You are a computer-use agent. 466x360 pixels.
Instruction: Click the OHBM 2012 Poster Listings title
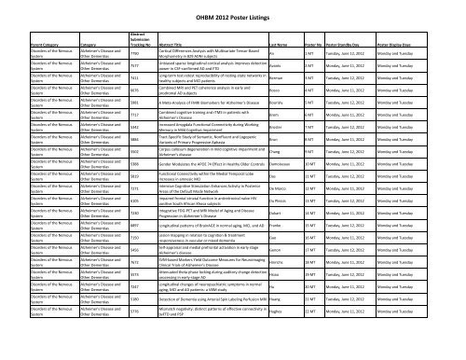[x=233, y=11]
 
